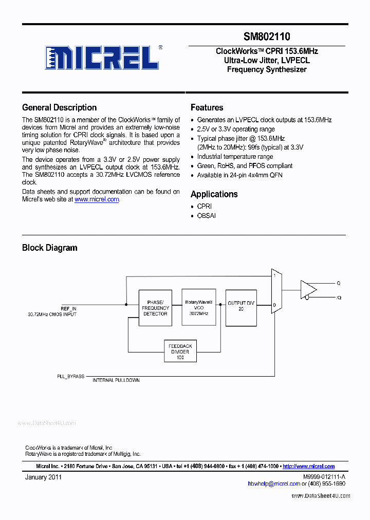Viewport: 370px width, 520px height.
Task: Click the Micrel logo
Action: (x=103, y=57)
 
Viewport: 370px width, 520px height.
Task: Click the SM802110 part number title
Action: (x=267, y=36)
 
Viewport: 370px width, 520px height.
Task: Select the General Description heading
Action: (x=59, y=107)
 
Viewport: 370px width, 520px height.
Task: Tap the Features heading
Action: (x=207, y=107)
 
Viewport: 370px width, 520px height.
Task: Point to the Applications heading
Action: (x=214, y=194)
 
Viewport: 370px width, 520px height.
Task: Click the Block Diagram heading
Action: (x=49, y=248)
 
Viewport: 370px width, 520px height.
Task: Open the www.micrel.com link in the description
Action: (x=97, y=199)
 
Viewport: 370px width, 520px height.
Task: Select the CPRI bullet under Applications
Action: (x=204, y=206)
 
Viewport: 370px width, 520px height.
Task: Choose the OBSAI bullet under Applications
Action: (x=206, y=216)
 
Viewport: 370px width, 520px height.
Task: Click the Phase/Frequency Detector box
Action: (x=155, y=307)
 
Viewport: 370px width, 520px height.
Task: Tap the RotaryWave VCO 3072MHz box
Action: (x=199, y=307)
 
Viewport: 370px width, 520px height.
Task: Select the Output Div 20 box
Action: (x=241, y=307)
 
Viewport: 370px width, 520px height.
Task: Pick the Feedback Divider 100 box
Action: (x=180, y=352)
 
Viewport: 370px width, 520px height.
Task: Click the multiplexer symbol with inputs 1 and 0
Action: (x=276, y=291)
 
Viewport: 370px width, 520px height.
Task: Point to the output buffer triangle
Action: (x=308, y=289)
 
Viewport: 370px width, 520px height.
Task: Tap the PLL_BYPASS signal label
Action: (x=70, y=376)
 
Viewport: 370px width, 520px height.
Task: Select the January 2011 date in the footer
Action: (x=44, y=477)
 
